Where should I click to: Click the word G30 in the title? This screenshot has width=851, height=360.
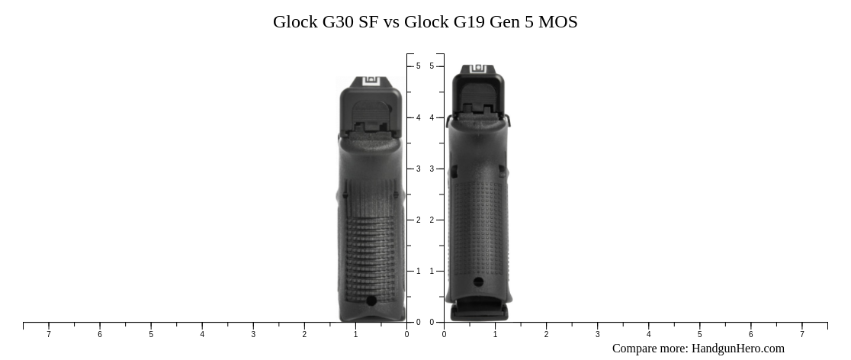point(339,22)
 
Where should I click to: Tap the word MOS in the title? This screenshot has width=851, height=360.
point(558,22)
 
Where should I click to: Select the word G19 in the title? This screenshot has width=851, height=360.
point(469,22)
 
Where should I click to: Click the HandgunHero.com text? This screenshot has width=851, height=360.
point(737,349)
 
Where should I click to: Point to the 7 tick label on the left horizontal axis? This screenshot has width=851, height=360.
point(49,334)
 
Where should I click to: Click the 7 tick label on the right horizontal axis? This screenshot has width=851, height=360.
point(801,334)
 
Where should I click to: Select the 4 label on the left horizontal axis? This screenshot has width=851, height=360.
point(202,334)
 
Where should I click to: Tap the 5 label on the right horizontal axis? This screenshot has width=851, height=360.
point(699,334)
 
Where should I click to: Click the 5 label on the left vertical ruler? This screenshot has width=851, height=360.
point(418,66)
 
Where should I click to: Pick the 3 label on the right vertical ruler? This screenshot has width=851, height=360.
point(432,169)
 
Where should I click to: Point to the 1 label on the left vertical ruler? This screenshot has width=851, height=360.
point(418,271)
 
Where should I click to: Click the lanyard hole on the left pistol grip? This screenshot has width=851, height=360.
point(371,301)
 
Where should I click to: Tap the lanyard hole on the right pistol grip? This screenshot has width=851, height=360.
point(478,282)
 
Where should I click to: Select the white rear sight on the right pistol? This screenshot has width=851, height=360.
point(478,69)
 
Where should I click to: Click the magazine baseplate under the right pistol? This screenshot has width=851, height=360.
point(478,313)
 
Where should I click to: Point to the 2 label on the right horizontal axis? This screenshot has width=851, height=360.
point(546,334)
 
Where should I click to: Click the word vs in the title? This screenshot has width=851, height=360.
point(390,22)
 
